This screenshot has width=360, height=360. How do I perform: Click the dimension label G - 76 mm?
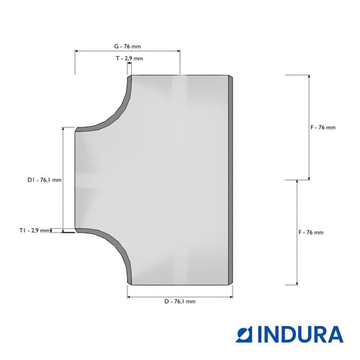tap(127, 46)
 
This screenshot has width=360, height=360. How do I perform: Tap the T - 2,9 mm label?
tap(130, 58)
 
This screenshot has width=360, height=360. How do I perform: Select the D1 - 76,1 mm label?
tap(45, 180)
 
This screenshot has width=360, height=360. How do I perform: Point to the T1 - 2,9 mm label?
tap(35, 230)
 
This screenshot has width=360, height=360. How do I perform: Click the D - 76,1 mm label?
tap(180, 302)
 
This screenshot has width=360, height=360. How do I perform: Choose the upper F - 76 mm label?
tap(323, 127)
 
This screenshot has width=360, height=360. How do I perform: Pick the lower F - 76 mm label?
tap(311, 233)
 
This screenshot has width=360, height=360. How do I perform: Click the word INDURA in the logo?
tap(300, 334)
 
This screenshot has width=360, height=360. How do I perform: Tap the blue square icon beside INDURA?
tap(245, 334)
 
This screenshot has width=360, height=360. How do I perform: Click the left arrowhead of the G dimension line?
tap(77, 51)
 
